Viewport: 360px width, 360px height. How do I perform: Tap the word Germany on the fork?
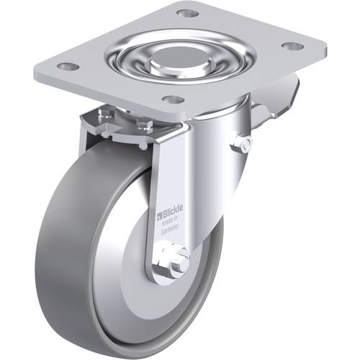[169, 233]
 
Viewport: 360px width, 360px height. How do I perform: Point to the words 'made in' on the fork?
[169, 223]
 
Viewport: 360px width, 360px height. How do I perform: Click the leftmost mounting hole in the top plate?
[68, 66]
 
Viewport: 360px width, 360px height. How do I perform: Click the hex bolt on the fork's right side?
[244, 145]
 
